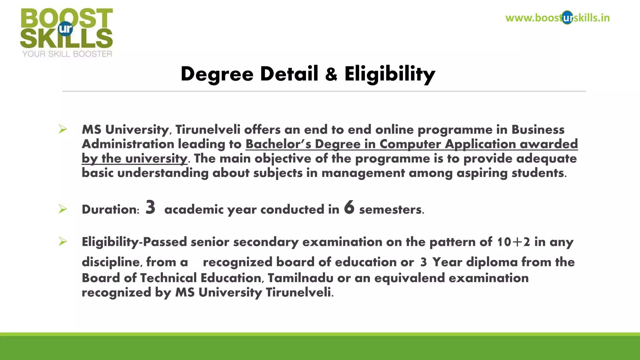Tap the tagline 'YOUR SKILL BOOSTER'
coord(67,54)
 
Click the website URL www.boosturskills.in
coord(557,18)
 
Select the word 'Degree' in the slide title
coord(217,74)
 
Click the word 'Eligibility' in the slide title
coord(390,74)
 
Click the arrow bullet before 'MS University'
coord(63,129)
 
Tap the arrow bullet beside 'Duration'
coord(63,209)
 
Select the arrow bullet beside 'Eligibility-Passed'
coord(63,242)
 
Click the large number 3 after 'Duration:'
coord(150,207)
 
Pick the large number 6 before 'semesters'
coord(349,207)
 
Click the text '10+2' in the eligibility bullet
coord(513,242)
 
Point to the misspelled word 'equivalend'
coord(409,278)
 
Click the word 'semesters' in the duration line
coord(391,209)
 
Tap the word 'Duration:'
coord(111,209)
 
